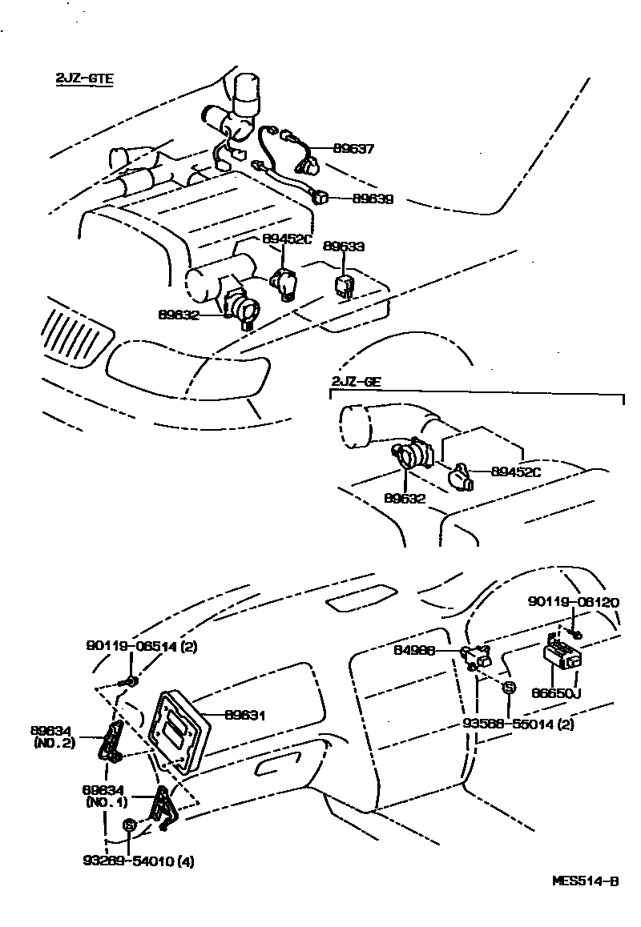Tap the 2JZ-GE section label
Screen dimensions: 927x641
click(356, 382)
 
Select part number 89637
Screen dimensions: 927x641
click(353, 149)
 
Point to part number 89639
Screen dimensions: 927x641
click(373, 199)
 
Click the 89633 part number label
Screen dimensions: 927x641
click(343, 247)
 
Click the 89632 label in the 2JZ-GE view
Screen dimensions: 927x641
click(405, 498)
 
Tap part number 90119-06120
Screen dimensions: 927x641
click(572, 602)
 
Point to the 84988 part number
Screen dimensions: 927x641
click(415, 651)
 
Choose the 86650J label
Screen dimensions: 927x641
click(557, 693)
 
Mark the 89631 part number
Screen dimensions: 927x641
click(244, 715)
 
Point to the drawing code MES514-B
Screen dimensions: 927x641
click(586, 881)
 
